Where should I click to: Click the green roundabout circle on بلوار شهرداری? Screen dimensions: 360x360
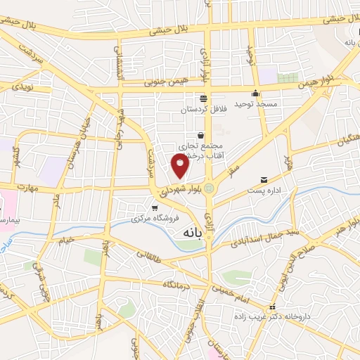[x=209, y=188]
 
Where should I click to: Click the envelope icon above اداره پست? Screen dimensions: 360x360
[x=264, y=180]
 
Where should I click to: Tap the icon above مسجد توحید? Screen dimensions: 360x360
[x=255, y=94]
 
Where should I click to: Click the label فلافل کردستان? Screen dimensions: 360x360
[x=202, y=109]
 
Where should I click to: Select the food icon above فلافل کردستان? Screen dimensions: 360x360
[x=203, y=98]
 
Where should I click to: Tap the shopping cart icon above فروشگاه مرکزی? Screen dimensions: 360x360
[x=155, y=207]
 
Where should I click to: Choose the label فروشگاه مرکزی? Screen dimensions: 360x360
[x=155, y=219]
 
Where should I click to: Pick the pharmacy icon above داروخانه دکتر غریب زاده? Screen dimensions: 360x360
[x=273, y=308]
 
